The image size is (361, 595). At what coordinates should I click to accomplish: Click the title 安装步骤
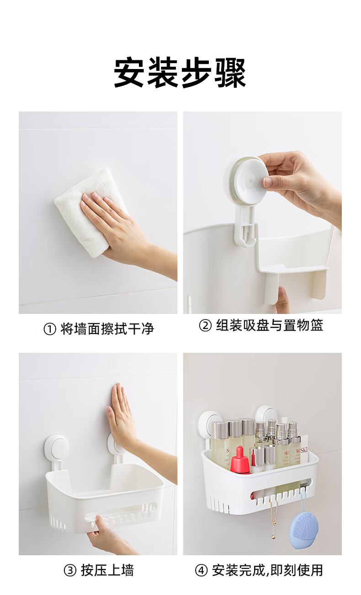pos(180,73)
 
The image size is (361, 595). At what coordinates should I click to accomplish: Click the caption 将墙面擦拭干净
pos(107,329)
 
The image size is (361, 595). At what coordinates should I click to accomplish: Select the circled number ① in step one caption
pos(50,329)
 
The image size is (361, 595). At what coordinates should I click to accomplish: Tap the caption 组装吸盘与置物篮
pos(269,325)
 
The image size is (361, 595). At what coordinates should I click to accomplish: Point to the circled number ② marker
pos(205,326)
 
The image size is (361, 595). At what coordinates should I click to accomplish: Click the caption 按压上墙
pos(107,570)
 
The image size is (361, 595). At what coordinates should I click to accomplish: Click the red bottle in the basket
pos(240,460)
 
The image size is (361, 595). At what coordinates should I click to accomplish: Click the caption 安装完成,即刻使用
pos(267,570)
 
